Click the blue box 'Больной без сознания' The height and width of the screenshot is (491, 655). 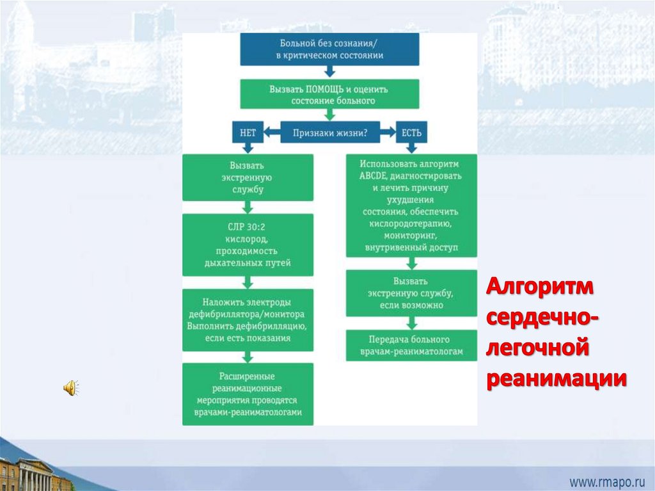(329, 49)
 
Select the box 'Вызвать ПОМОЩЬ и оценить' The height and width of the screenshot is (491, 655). (329, 94)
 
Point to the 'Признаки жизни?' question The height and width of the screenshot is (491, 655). (329, 133)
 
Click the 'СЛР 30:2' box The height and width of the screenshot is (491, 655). (248, 245)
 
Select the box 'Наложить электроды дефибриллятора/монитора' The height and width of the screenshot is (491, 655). (248, 320)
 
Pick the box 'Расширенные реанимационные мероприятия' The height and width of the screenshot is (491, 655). (248, 394)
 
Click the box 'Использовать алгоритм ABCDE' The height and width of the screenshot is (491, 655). (412, 205)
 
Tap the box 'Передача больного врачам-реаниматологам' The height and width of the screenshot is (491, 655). (412, 346)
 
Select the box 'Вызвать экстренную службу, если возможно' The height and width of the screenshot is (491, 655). (412, 293)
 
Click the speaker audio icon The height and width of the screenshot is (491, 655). (70, 387)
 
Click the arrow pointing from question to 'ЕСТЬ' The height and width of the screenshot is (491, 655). (388, 133)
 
